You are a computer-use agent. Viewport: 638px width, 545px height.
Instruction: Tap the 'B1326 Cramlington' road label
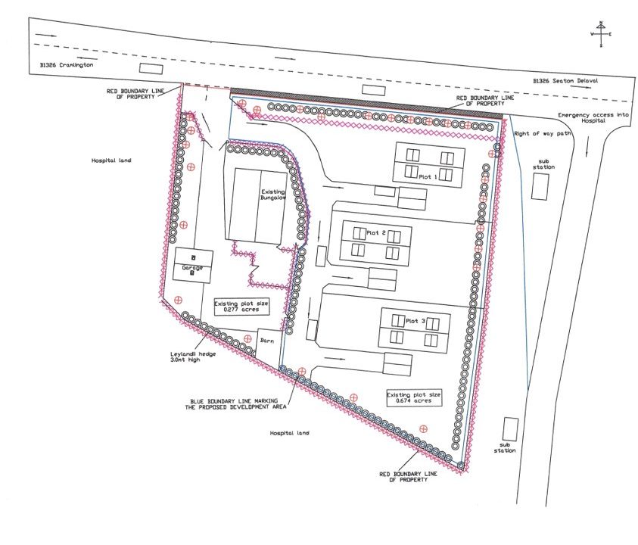point(67,64)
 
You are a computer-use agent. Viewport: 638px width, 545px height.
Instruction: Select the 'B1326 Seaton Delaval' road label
point(565,80)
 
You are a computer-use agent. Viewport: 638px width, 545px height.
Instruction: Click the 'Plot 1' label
point(428,177)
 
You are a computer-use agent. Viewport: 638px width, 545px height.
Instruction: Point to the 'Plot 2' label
point(376,233)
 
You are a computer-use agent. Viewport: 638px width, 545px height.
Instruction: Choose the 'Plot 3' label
point(415,321)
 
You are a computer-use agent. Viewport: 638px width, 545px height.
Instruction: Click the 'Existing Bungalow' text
point(273,195)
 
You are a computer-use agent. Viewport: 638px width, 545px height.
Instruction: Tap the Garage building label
point(192,268)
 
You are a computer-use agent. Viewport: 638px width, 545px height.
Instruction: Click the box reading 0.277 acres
point(241,307)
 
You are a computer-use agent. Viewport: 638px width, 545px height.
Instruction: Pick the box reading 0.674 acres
point(413,397)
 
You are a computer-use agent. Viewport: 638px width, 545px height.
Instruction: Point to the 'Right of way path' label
point(543,133)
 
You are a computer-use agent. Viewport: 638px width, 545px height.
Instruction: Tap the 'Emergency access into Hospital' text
point(593,118)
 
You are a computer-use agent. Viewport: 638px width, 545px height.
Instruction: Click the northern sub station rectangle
point(540,187)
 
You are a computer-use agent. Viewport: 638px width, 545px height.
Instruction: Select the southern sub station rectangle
point(510,429)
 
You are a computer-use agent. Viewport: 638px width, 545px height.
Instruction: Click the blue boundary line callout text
point(235,403)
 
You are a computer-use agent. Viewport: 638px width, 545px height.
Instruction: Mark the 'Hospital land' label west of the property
point(111,160)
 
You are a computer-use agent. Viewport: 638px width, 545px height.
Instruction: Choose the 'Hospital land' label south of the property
point(289,433)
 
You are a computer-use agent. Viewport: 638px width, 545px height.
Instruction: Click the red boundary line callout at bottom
point(408,477)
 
